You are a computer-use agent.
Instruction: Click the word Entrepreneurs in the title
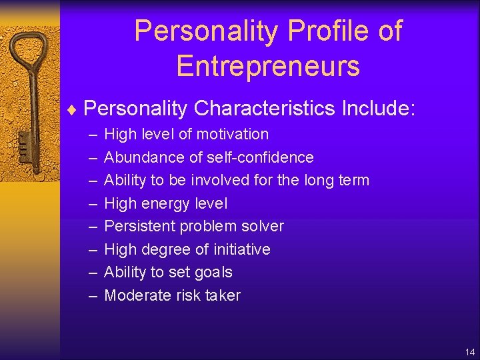268,66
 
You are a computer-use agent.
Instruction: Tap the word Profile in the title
315,31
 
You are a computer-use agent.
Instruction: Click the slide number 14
470,352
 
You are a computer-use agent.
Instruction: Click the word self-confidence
261,157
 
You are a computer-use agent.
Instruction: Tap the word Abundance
137,157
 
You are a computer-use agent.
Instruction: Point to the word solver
263,226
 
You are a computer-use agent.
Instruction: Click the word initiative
239,249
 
